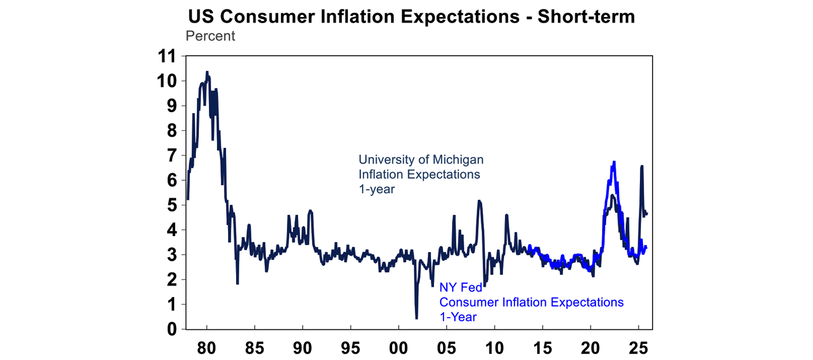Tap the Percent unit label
[x=210, y=37]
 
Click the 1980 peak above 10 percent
[x=207, y=71]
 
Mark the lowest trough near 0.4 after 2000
[x=417, y=318]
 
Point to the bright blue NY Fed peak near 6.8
[x=614, y=162]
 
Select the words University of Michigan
[x=421, y=159]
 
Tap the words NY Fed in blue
[x=459, y=289]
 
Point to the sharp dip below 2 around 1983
[x=237, y=283]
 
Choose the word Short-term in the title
[x=586, y=17]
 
